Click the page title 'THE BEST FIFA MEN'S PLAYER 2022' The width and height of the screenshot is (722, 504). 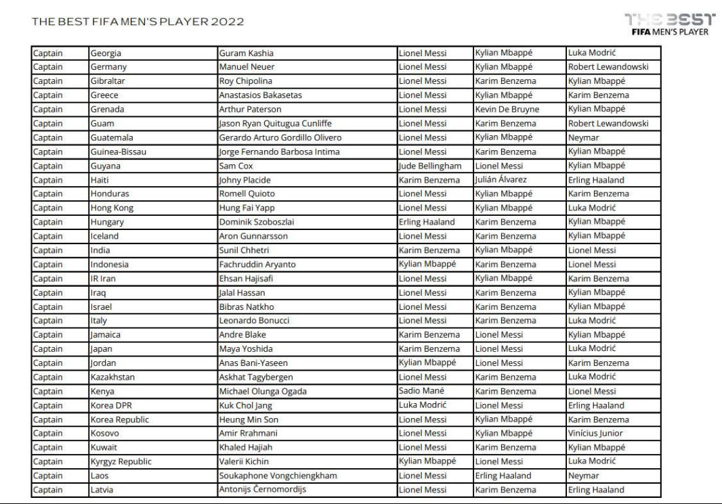click(x=138, y=22)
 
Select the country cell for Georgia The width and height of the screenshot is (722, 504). click(x=106, y=53)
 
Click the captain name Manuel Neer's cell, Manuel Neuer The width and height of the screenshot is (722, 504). click(x=245, y=67)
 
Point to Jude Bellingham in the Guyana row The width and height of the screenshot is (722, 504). click(x=430, y=166)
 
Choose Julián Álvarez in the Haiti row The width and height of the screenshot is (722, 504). click(x=501, y=180)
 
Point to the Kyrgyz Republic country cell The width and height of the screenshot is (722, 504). click(x=121, y=462)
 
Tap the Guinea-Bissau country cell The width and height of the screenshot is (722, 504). click(x=117, y=152)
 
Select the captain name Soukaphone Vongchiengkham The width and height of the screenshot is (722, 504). click(x=278, y=476)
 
